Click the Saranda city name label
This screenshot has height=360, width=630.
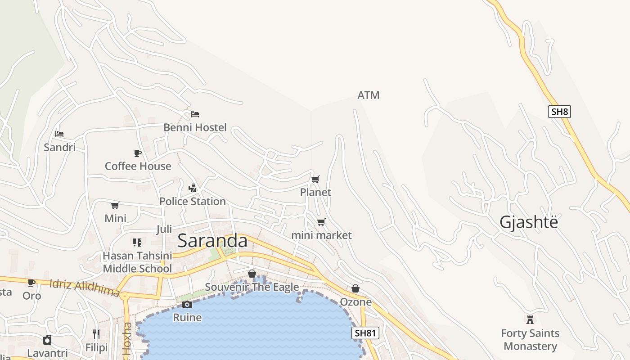[212, 241]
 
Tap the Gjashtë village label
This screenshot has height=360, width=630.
[529, 222]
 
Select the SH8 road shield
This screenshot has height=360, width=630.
[559, 112]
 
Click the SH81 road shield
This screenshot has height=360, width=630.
[365, 333]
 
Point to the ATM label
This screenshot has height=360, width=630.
[368, 95]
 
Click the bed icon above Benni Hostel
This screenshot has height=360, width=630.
[195, 114]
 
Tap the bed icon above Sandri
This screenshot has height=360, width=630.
[59, 134]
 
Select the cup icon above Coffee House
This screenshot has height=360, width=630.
[138, 153]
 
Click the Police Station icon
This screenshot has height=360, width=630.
[193, 188]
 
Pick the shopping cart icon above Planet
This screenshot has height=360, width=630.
[315, 180]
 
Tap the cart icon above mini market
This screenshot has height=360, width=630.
[321, 222]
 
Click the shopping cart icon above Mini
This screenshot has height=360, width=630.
[115, 206]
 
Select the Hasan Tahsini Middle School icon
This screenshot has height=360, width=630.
[137, 243]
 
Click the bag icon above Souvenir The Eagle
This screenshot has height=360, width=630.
[252, 274]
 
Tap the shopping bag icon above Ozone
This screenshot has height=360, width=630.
[355, 288]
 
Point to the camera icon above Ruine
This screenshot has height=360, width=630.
[187, 305]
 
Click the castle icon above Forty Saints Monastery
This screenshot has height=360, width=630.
[530, 320]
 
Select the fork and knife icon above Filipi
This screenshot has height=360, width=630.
[96, 334]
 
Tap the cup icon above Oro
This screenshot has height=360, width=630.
[31, 283]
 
